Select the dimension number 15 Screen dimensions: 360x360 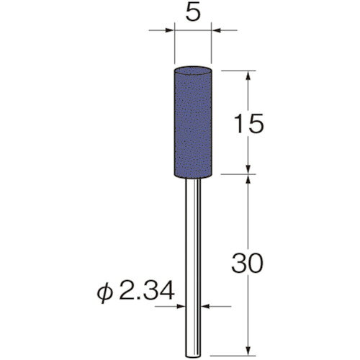[249, 124]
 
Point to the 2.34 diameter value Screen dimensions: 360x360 [146, 291]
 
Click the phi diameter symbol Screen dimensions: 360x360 [104, 292]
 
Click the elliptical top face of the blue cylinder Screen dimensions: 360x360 [193, 71]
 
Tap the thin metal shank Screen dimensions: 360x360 [193, 268]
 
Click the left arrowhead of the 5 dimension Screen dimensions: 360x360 [169, 30]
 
